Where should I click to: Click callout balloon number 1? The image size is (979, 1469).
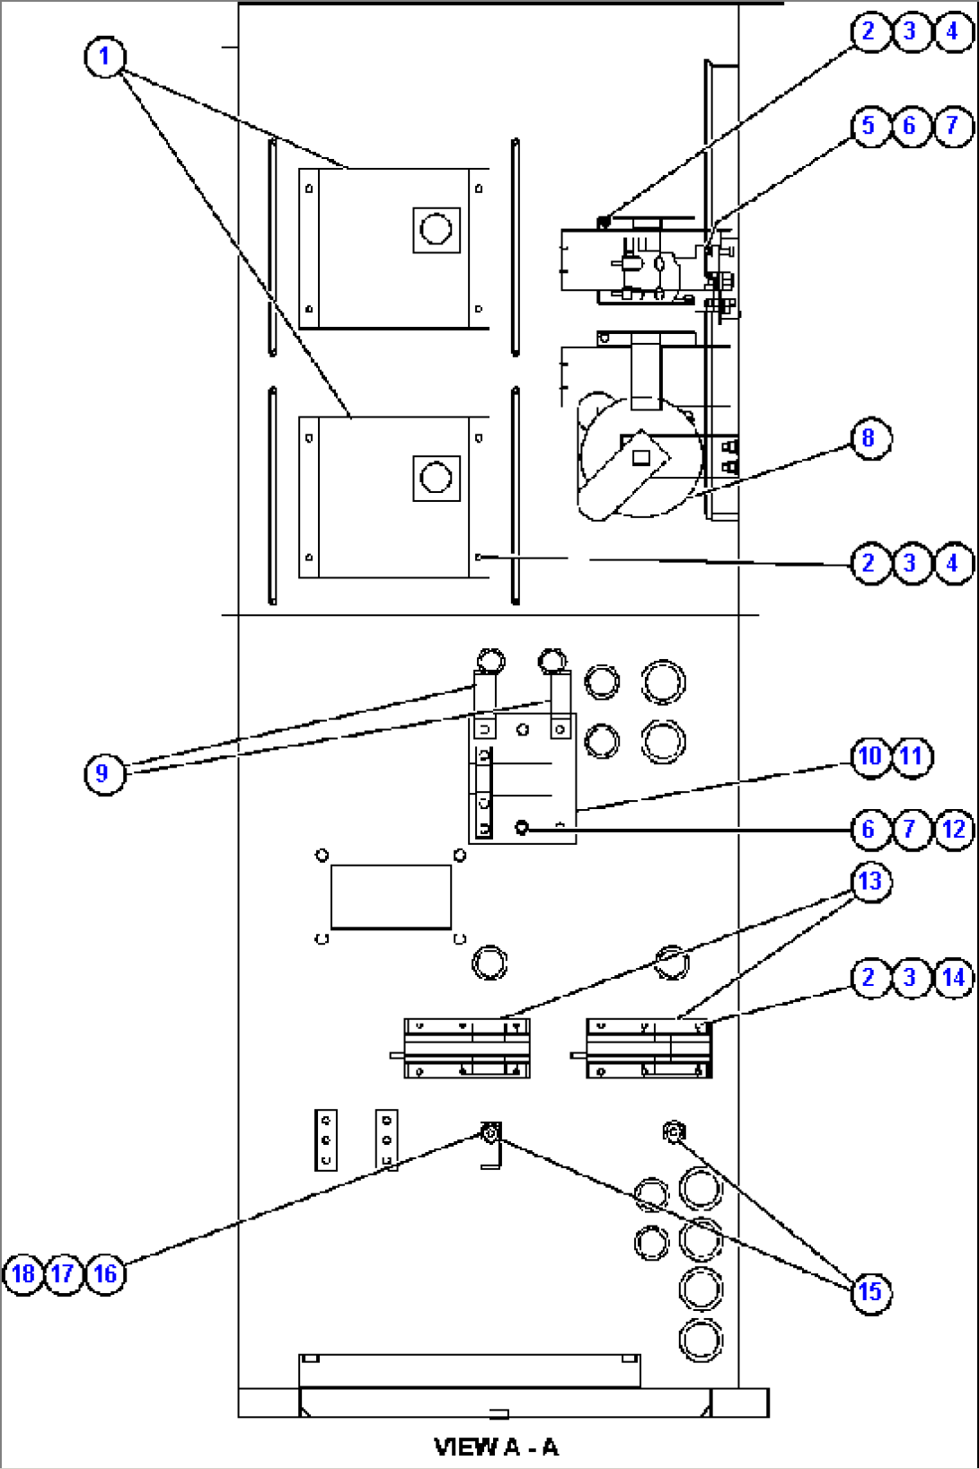pos(104,57)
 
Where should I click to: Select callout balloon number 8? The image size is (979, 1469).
pos(869,439)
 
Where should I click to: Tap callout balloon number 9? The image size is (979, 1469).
pos(103,774)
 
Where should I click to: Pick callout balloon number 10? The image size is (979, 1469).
pos(869,757)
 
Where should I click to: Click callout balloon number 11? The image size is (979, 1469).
pos(912,757)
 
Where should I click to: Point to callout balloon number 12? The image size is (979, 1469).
pos(954,829)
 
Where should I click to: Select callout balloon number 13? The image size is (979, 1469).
pos(869,882)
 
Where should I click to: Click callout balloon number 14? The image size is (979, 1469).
pos(954,977)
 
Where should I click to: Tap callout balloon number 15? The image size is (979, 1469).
pos(869,1292)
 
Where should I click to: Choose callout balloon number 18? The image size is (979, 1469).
pos(22,1274)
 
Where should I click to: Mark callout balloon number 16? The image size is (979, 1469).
pos(105,1274)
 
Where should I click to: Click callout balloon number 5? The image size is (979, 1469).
pos(869,127)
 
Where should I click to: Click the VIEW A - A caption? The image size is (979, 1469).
pos(496,1447)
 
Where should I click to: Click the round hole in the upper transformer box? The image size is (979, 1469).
pos(437,229)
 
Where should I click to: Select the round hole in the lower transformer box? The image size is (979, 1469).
pos(437,478)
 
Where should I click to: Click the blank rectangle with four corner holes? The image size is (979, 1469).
pos(391,896)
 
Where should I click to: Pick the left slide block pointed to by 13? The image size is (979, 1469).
pos(466,1048)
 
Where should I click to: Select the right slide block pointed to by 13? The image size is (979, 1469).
pos(648,1048)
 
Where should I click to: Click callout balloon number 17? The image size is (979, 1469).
pos(64,1274)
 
